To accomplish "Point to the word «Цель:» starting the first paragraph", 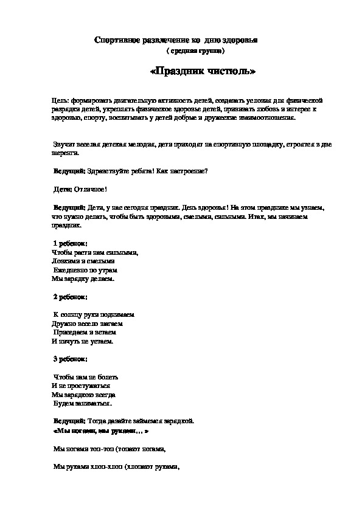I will pyautogui.click(x=61, y=100).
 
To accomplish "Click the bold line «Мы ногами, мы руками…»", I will pyautogui.click(x=97, y=430).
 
